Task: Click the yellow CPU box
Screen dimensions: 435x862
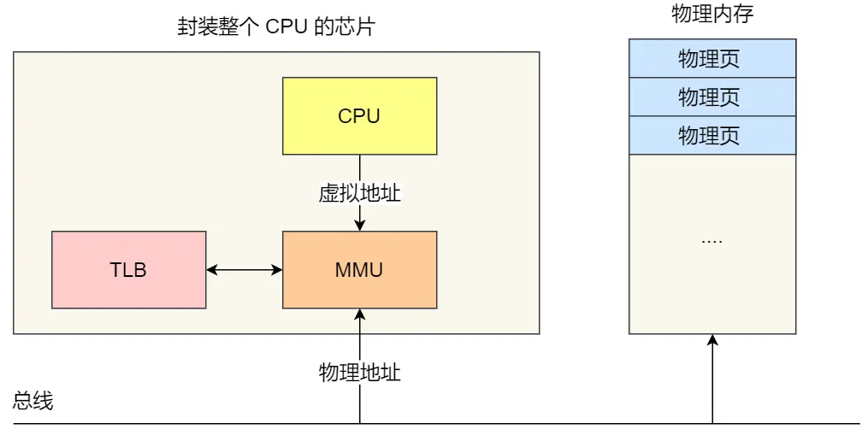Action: coord(359,115)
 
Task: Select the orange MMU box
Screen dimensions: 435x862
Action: coord(359,270)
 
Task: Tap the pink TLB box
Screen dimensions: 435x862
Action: coord(128,270)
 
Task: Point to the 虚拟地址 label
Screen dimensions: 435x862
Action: coord(359,193)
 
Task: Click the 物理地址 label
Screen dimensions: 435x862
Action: coord(359,373)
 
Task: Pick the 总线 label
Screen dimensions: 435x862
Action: coord(33,401)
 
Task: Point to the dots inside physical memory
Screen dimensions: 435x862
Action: coord(711,240)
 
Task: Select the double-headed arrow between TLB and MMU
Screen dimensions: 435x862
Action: coord(245,270)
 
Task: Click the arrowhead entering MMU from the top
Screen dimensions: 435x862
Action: coord(360,226)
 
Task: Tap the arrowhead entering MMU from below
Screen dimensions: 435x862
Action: coord(360,314)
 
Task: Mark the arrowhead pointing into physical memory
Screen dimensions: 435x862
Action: coord(712,340)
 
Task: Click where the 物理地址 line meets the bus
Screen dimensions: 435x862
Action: coord(360,423)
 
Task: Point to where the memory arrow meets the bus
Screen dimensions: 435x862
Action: coord(712,423)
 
